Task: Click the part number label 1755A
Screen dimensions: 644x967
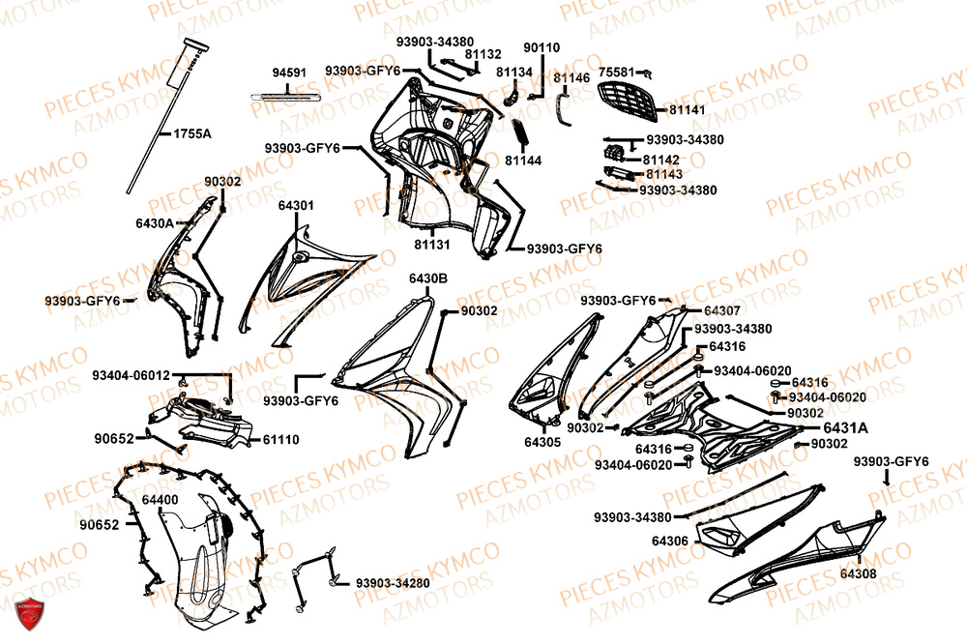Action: click(192, 133)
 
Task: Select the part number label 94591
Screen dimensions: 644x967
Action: click(289, 73)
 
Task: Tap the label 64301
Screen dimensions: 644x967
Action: click(296, 206)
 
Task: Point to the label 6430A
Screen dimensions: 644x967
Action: click(155, 222)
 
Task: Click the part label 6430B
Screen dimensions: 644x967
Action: click(427, 278)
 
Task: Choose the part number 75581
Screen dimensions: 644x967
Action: click(617, 72)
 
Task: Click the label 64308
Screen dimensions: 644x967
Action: click(859, 574)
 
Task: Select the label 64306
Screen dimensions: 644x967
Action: click(670, 541)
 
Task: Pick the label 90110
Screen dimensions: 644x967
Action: click(542, 47)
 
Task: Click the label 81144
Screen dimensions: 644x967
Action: click(524, 160)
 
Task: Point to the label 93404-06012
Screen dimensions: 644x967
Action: click(132, 374)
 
